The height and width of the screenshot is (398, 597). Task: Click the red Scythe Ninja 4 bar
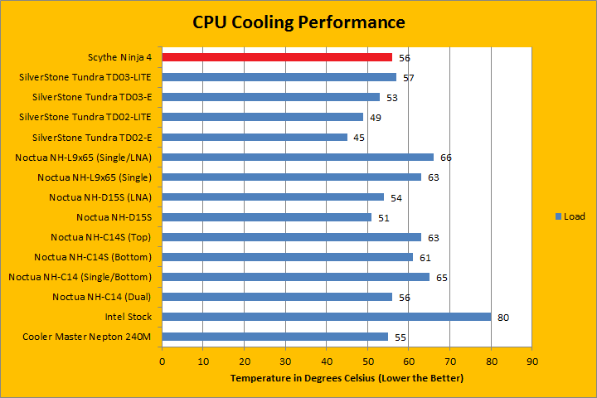tap(277, 57)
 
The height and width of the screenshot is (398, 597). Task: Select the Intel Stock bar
tap(327, 316)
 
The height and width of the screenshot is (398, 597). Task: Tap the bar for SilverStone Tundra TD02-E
tap(255, 137)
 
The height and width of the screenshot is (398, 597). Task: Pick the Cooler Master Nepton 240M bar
tap(275, 336)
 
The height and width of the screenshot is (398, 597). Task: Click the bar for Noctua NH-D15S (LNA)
tap(273, 197)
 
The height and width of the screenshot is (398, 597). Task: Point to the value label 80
tap(502, 317)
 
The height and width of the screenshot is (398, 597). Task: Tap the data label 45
tap(359, 138)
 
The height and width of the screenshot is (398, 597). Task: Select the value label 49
tap(376, 118)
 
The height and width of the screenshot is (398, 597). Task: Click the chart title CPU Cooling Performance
tap(299, 21)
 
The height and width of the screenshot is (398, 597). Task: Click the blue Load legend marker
tap(557, 216)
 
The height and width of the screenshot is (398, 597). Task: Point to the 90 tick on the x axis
tap(532, 362)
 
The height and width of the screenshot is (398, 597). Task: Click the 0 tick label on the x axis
tap(163, 362)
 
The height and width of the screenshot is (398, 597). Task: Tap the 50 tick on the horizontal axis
tap(368, 362)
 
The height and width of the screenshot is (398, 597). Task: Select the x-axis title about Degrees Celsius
tap(347, 378)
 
